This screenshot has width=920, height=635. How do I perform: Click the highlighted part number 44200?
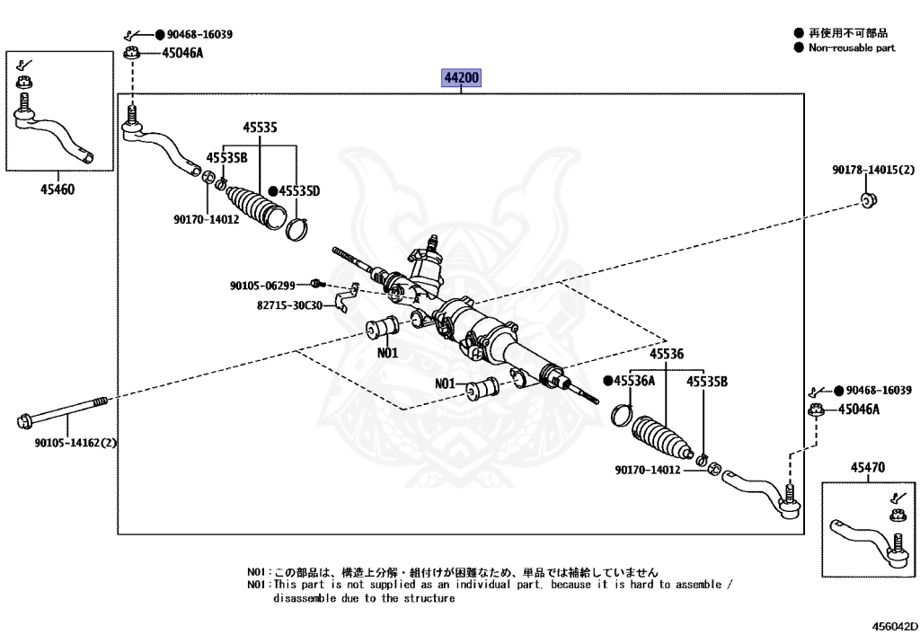tap(462, 79)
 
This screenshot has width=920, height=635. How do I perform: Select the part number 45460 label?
tap(57, 190)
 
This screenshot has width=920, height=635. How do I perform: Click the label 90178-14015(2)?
tap(872, 170)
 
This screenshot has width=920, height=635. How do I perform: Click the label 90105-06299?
tap(262, 286)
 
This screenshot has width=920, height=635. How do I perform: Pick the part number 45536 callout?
tap(667, 354)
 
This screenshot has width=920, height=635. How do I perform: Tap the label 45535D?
tap(299, 190)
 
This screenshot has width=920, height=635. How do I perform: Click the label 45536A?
tap(634, 382)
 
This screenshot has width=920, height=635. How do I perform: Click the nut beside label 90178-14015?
tap(868, 199)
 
